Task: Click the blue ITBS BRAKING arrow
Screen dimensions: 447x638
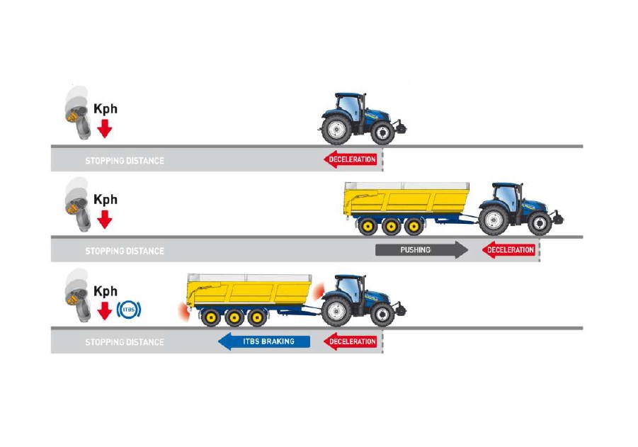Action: coord(264,342)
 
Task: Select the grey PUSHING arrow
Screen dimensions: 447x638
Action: coord(421,250)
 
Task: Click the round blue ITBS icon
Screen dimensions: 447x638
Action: coord(131,309)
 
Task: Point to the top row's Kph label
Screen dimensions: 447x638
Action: coord(106,109)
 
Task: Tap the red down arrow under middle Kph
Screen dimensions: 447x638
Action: coord(105,220)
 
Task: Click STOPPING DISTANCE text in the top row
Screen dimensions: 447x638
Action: coord(125,161)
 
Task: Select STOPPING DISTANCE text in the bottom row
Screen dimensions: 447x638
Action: coord(125,342)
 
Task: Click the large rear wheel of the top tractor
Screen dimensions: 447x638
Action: coord(337,130)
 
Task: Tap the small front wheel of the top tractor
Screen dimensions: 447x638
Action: coord(382,133)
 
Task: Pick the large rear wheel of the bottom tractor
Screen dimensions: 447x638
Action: coord(336,312)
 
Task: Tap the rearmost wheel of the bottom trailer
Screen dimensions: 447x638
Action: coord(210,317)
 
